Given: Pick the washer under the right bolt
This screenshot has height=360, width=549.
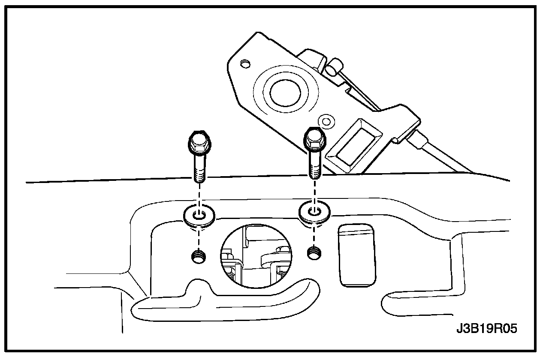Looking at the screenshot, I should [314, 212].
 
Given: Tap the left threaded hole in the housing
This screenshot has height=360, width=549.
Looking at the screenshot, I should [199, 257].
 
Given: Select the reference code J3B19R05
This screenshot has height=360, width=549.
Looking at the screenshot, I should [486, 329].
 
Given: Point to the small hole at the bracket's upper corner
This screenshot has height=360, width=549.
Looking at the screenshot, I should [245, 64].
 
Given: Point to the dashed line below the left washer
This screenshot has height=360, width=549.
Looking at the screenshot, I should [199, 237].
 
